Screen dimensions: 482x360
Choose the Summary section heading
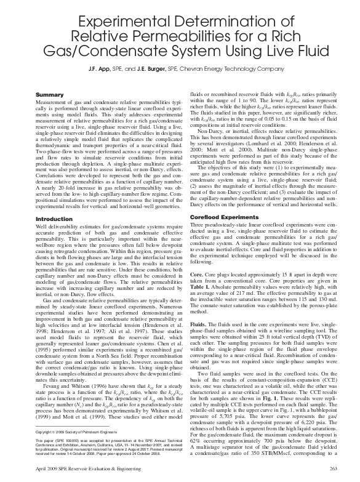[50, 94]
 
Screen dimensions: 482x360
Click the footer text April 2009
[49, 470]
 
